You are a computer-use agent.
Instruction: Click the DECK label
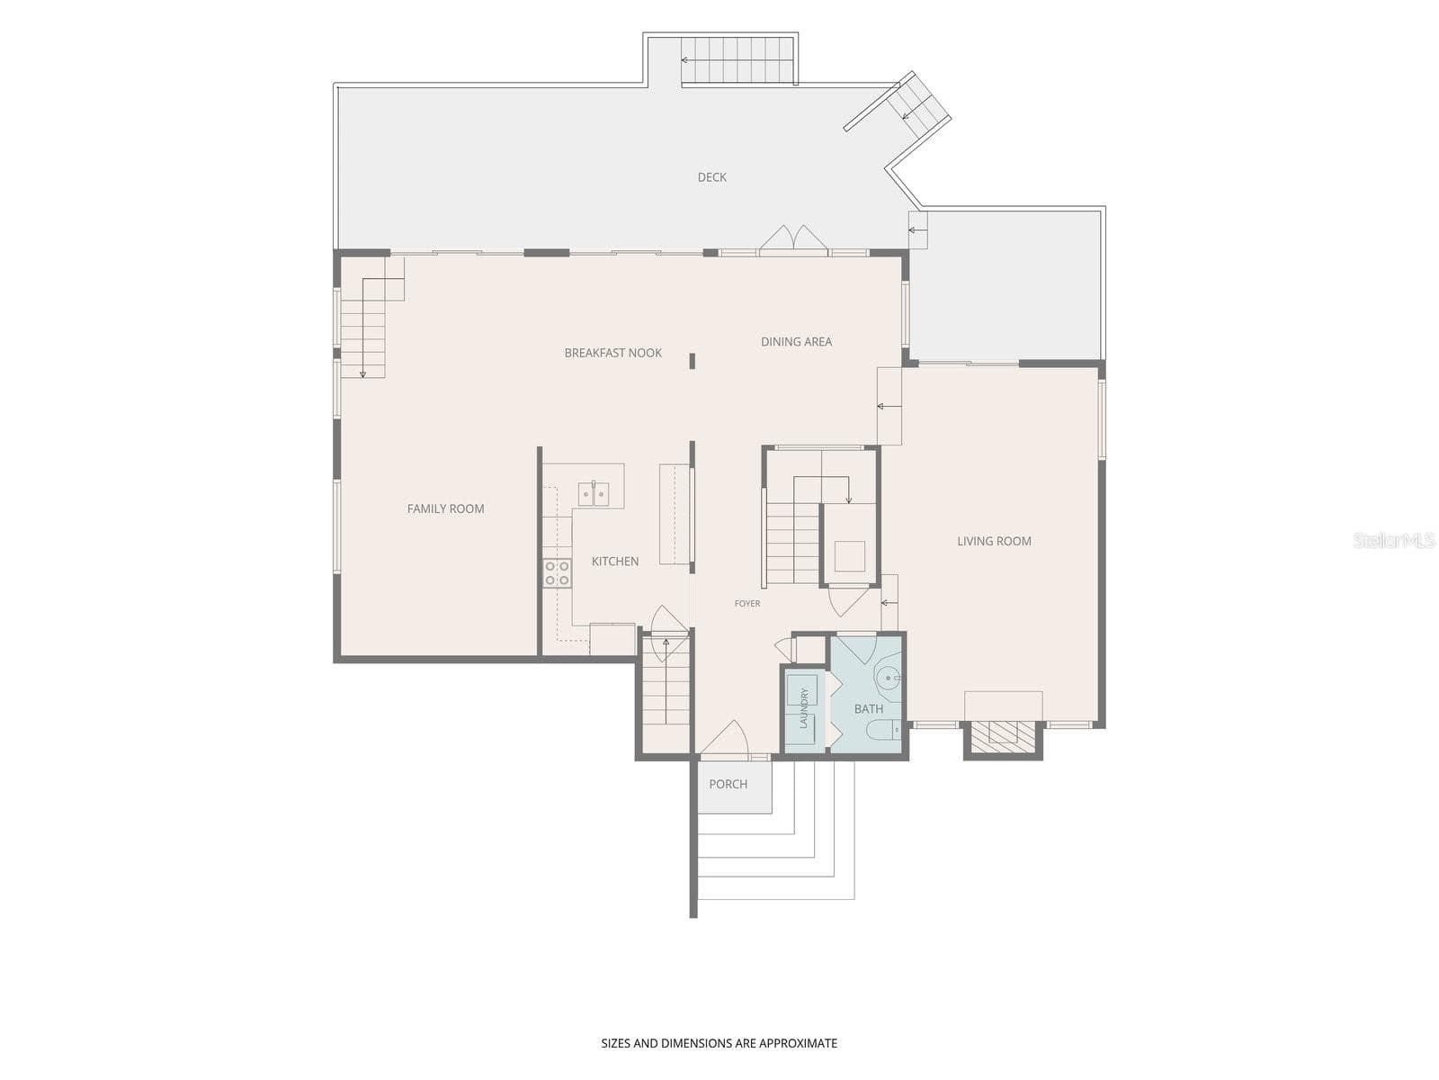(x=711, y=177)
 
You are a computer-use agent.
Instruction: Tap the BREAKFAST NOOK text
(x=613, y=353)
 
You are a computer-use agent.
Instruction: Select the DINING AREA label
(x=796, y=342)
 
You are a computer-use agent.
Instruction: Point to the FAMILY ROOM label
(x=445, y=508)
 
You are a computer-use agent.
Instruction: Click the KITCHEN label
(x=615, y=562)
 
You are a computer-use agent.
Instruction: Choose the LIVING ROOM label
(x=994, y=541)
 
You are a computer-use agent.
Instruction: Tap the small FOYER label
(x=747, y=603)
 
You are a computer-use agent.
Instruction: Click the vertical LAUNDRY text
(x=804, y=708)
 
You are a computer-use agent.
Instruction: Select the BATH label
(x=869, y=709)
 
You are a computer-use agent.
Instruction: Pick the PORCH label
(x=728, y=784)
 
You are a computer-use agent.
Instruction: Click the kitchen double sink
(x=594, y=494)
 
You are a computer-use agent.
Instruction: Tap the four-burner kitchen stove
(x=557, y=573)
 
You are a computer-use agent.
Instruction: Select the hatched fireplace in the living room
(x=1003, y=736)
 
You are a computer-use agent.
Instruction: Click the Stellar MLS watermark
(x=1393, y=540)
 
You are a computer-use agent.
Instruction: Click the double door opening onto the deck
(x=793, y=238)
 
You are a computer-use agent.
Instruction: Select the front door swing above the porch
(x=725, y=737)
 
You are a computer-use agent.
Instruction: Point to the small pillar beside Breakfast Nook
(x=692, y=361)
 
